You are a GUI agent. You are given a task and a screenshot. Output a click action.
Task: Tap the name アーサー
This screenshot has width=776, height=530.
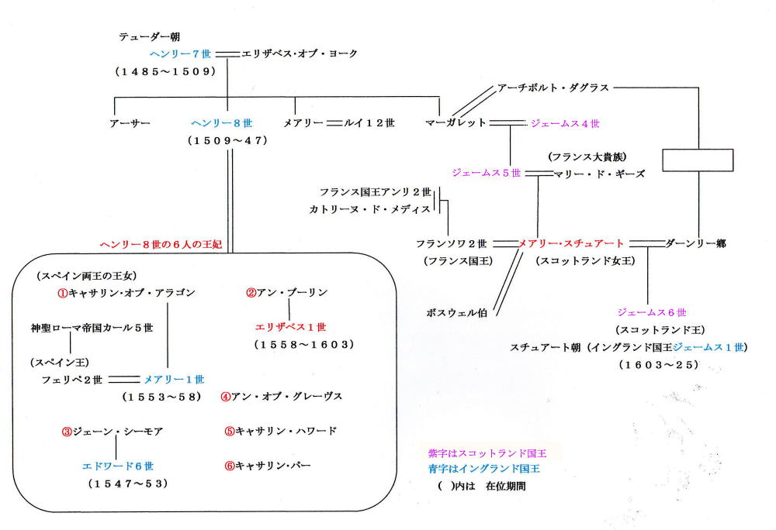coord(130,122)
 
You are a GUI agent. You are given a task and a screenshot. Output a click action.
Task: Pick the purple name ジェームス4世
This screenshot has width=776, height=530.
coord(564,122)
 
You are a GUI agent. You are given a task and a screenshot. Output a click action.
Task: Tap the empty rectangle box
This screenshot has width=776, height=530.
coord(698,160)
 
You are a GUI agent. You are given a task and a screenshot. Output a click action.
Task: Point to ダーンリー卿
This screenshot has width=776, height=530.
coord(695,243)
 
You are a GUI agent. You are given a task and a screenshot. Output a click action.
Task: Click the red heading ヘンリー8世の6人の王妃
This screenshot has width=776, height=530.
coord(161,244)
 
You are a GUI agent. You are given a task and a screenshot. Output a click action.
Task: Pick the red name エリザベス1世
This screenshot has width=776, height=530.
coord(290,326)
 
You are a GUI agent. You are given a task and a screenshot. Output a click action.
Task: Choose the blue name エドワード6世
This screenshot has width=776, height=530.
coord(118,466)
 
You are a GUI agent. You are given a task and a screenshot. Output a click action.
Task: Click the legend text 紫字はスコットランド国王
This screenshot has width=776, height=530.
coord(489,453)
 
